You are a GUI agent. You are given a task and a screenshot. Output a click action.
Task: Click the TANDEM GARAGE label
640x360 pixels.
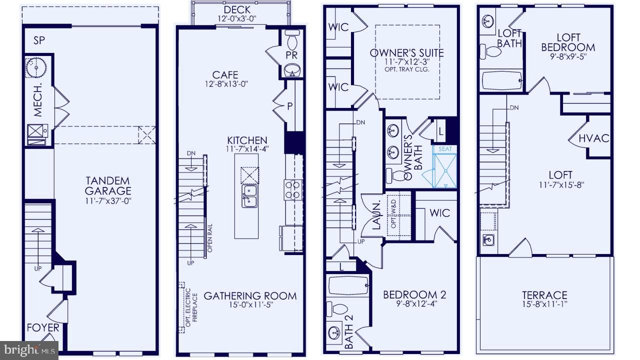(107, 185)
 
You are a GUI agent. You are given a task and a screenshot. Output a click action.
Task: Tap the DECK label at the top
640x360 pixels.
(237, 10)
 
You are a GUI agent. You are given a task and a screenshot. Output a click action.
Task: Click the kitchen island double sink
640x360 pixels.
(248, 195)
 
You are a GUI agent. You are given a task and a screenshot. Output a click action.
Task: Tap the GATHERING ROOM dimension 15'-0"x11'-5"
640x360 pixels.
(249, 305)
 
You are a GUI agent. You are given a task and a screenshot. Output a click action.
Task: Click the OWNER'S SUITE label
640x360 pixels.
(406, 52)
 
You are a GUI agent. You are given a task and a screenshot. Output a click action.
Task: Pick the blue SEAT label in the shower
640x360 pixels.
(445, 149)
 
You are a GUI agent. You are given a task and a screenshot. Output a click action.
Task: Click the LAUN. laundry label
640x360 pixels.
(376, 215)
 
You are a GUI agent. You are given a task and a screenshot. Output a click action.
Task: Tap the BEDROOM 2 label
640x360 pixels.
(414, 294)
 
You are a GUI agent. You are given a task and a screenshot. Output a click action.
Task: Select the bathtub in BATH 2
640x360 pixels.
(348, 286)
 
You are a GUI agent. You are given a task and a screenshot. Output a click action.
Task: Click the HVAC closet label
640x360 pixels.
(593, 138)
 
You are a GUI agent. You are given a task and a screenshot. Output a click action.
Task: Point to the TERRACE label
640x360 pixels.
(544, 295)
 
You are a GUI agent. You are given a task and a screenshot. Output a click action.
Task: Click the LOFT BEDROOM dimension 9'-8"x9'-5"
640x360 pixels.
(568, 57)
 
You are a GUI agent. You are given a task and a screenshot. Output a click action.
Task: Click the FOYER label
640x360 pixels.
(42, 328)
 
